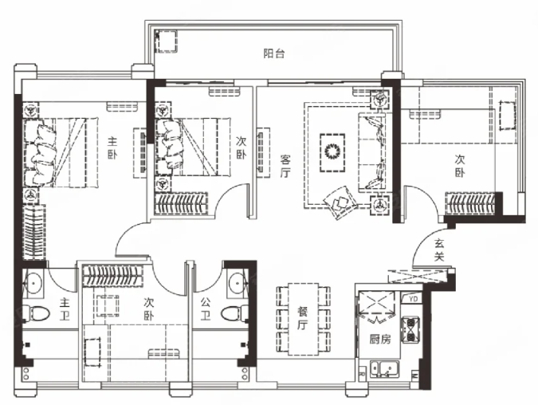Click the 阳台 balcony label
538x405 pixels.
pyautogui.click(x=274, y=53)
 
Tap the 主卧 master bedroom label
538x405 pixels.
pyautogui.click(x=112, y=148)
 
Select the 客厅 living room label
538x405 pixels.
pyautogui.click(x=285, y=166)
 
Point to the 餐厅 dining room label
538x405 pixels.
pyautogui.click(x=302, y=319)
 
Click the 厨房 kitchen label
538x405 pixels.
pyautogui.click(x=380, y=340)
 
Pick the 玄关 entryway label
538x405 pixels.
pyautogui.click(x=439, y=250)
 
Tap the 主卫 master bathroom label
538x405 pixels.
pyautogui.click(x=65, y=309)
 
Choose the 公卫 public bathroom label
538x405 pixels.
pyautogui.click(x=205, y=309)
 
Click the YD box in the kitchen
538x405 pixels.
pyautogui.click(x=413, y=299)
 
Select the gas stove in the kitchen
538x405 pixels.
pyautogui.click(x=410, y=330)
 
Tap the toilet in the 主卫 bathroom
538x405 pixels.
pyautogui.click(x=37, y=313)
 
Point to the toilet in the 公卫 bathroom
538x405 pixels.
pyautogui.click(x=234, y=313)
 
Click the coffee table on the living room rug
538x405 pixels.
pyautogui.click(x=332, y=152)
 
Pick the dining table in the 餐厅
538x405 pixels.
pyautogui.click(x=303, y=319)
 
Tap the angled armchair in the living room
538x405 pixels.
pyautogui.click(x=340, y=202)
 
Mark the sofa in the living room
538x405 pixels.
pyautogui.click(x=371, y=151)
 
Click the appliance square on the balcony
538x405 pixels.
pyautogui.click(x=166, y=41)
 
